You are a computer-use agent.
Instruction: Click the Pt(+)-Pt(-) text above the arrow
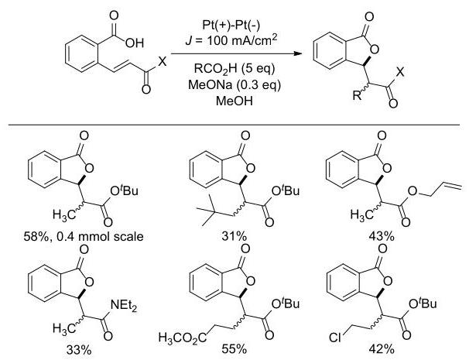[231, 25]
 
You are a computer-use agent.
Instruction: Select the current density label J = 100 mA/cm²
[231, 39]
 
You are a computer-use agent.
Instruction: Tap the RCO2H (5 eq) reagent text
[234, 69]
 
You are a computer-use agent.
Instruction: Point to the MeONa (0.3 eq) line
[234, 85]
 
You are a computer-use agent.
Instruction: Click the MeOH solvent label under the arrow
[234, 101]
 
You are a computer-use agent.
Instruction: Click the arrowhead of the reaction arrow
[298, 54]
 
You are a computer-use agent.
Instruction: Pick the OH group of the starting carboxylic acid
[135, 43]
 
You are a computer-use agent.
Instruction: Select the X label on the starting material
[162, 61]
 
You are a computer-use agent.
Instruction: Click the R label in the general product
[357, 95]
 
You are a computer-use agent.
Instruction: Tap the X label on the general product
[400, 72]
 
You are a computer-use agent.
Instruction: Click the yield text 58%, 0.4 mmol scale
[84, 236]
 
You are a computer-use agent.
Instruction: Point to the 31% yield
[234, 236]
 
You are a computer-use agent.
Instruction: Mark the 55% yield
[234, 349]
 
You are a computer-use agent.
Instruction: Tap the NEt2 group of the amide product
[124, 305]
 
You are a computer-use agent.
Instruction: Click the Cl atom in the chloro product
[334, 338]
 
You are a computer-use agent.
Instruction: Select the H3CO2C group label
[183, 338]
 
